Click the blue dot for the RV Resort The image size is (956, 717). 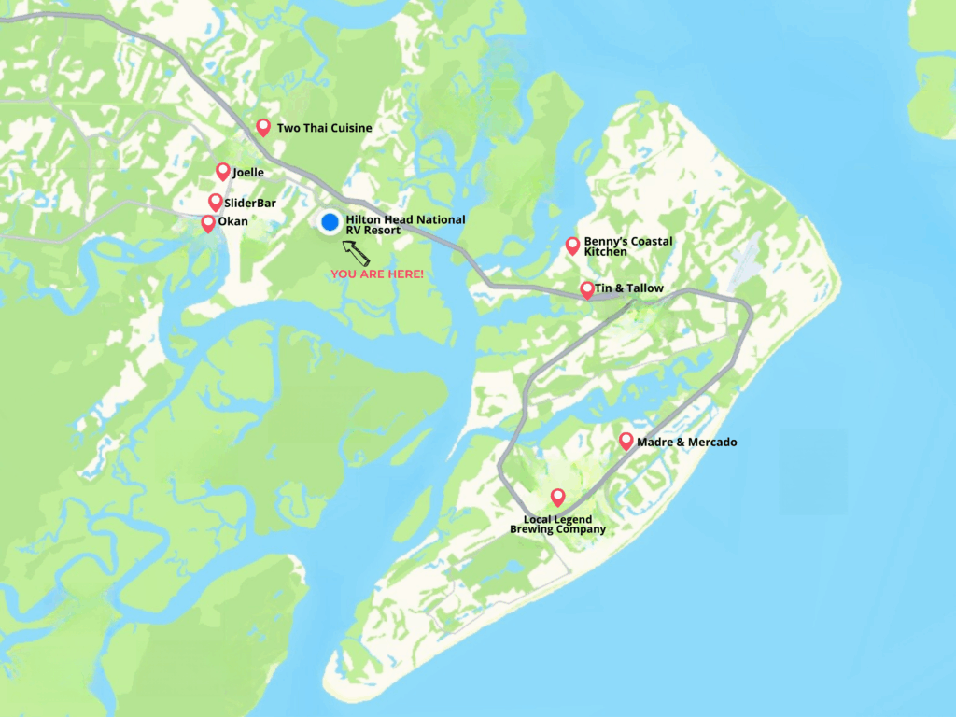[x=330, y=222]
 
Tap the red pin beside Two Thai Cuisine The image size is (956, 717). [x=263, y=127]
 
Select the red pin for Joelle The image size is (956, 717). [x=223, y=171]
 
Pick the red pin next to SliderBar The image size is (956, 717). [x=216, y=202]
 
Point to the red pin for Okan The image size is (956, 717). [x=208, y=223]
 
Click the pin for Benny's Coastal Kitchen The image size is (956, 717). [x=573, y=246]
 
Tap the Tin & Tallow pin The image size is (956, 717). [x=587, y=289]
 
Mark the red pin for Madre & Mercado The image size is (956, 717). [x=626, y=441]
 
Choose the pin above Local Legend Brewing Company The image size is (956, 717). [x=558, y=497]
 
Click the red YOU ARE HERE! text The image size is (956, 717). [x=377, y=274]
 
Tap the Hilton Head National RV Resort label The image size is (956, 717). [x=404, y=225]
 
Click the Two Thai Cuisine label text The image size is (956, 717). [x=324, y=128]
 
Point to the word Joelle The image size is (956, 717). [x=248, y=173]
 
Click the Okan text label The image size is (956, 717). [x=233, y=222]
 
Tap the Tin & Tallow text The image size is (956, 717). [x=629, y=288]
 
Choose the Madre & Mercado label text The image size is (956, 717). [x=686, y=442]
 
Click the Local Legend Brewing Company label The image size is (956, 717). [x=557, y=525]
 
